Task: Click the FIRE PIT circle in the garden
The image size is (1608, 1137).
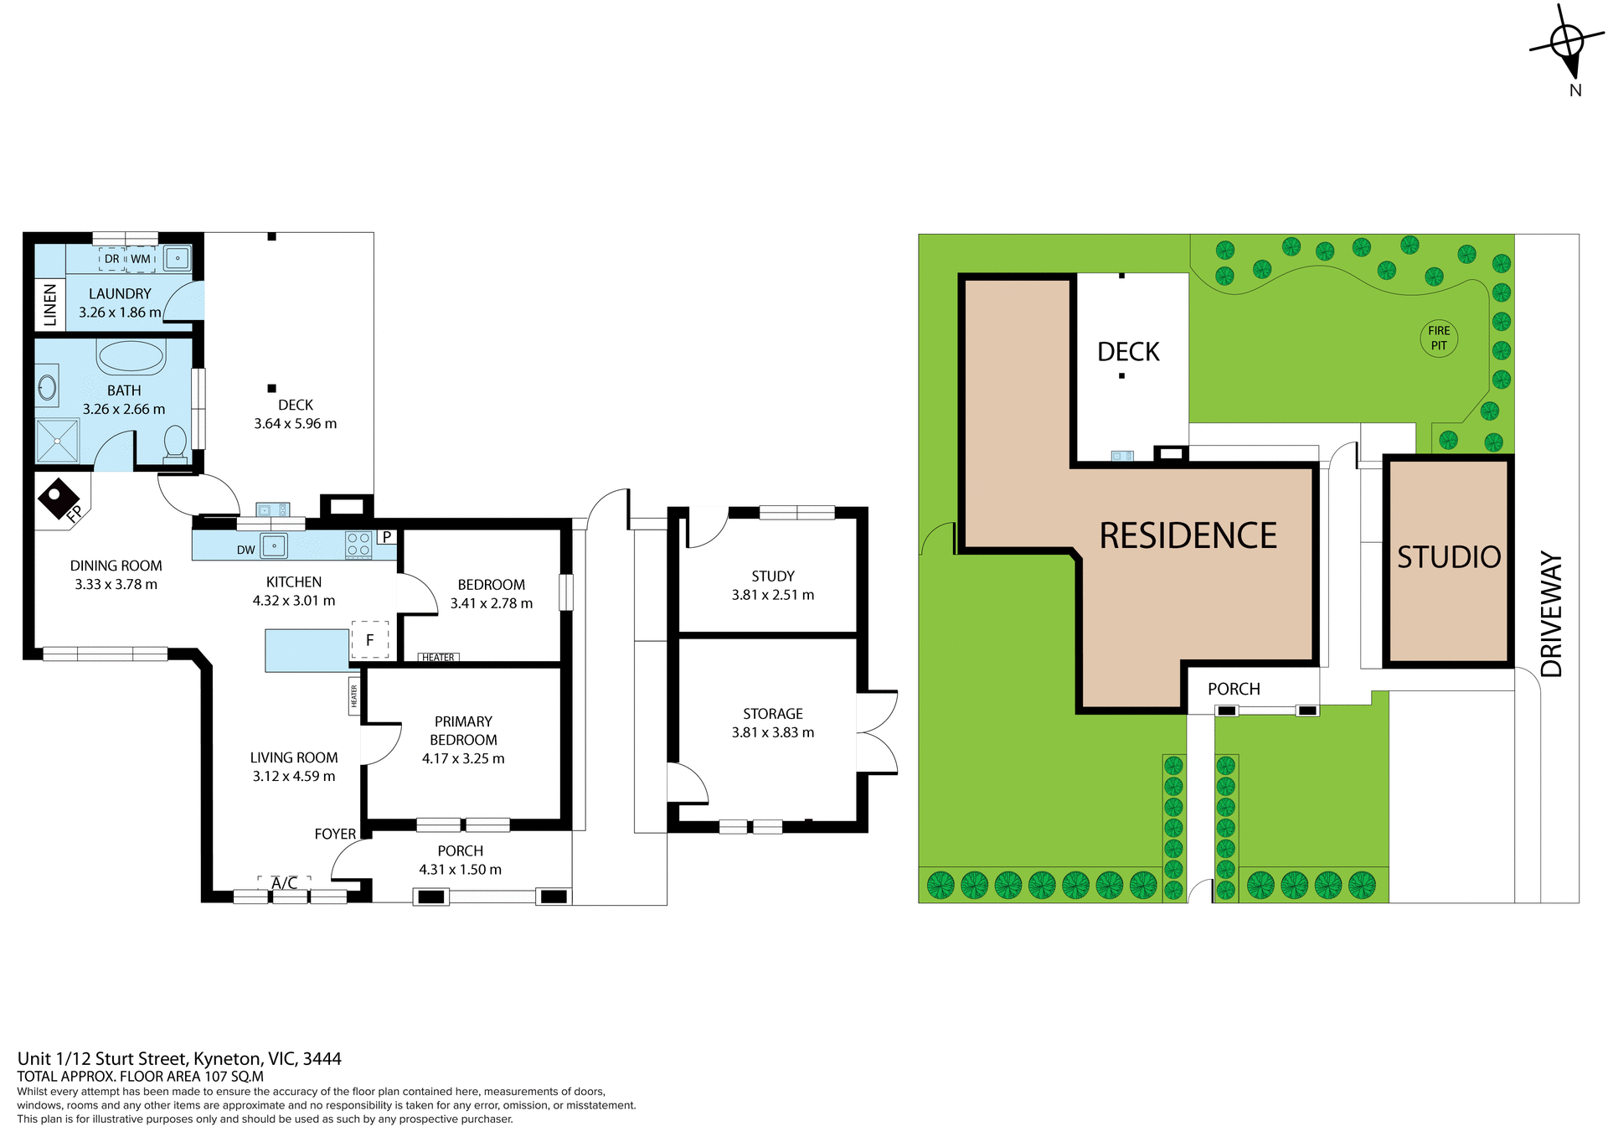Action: [1438, 338]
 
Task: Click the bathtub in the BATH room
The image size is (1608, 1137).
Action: [131, 356]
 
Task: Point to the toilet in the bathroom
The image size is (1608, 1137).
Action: [175, 443]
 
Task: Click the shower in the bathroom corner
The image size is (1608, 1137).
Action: [57, 441]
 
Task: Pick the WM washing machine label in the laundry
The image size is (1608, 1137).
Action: [141, 259]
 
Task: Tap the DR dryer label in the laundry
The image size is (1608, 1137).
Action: [111, 259]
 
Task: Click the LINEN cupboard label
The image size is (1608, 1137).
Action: [50, 304]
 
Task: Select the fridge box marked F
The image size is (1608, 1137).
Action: [369, 640]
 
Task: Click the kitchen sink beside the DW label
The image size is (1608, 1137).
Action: [274, 546]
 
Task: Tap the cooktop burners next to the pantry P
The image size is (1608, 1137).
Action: [358, 545]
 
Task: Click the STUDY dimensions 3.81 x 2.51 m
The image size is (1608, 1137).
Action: [772, 595]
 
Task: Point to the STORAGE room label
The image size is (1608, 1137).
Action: [772, 714]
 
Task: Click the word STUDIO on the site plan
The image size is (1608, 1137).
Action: [1448, 557]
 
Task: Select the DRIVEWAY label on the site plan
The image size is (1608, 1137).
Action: [1551, 613]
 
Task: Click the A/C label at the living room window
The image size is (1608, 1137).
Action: [284, 883]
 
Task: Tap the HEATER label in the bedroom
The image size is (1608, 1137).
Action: [438, 658]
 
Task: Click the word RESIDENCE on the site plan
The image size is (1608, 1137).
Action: [1188, 536]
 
